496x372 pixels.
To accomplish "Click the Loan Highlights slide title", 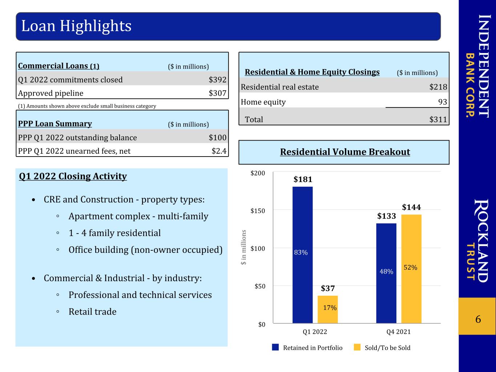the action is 76,26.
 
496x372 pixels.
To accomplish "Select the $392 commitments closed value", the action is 217,80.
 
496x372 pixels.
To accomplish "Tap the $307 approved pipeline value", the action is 217,93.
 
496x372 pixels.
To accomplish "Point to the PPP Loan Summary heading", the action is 55,124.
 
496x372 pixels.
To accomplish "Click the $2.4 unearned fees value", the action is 219,151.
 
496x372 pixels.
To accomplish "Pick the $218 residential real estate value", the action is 438,87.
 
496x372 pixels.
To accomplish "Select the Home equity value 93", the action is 443,102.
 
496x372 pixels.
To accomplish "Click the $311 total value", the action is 438,120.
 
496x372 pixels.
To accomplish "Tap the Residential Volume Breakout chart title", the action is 345,152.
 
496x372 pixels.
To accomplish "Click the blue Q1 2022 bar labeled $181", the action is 303,255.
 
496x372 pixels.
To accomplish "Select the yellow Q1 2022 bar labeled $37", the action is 328,310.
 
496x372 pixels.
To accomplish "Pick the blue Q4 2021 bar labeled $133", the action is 386,273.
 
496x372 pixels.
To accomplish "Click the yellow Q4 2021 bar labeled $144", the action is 411,269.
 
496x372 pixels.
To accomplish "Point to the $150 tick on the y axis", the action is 258,211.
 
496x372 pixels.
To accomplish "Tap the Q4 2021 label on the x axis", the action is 398,332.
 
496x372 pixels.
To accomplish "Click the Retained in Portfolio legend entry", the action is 307,348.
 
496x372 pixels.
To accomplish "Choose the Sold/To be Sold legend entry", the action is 382,348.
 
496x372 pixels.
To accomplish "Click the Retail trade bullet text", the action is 92,312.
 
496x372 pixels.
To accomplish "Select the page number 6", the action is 478,319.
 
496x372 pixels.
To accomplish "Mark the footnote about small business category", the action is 87,106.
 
